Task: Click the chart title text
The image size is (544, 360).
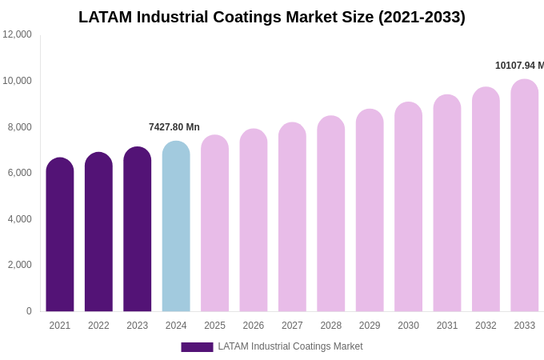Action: [272, 17]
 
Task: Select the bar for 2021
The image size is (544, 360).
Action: [60, 235]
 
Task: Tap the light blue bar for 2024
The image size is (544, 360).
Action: [176, 227]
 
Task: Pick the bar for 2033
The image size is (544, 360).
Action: [525, 196]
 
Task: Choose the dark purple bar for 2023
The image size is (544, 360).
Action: [138, 230]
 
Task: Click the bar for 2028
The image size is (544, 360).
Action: [331, 214]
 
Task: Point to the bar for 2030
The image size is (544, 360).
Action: [408, 207]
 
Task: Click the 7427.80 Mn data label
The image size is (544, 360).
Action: [174, 127]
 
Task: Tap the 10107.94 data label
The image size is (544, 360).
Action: [519, 66]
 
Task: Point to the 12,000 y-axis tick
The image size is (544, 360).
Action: [17, 34]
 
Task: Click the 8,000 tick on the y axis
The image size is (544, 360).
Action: [19, 127]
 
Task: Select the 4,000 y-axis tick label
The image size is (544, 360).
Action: [19, 219]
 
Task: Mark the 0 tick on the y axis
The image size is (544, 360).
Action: [29, 311]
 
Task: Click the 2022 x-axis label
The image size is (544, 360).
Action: [98, 326]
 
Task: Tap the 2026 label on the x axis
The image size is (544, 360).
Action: [254, 326]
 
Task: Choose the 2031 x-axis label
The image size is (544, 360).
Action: [447, 326]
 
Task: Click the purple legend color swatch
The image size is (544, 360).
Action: [197, 347]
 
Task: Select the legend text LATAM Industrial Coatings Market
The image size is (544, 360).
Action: [290, 346]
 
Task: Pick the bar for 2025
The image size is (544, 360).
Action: [214, 224]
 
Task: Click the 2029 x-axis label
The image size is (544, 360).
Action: [370, 326]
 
